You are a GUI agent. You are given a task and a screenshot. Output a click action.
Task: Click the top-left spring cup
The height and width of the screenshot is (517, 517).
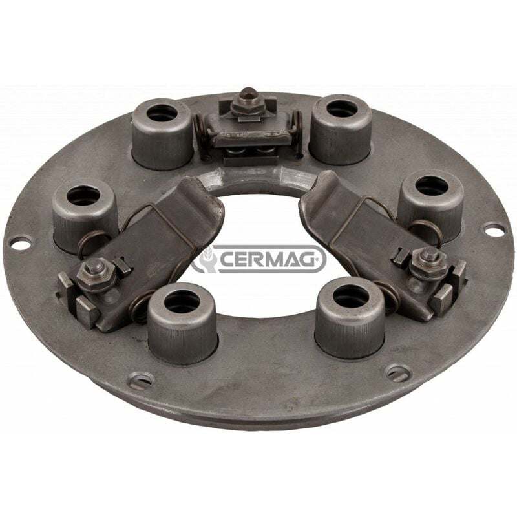(162, 134)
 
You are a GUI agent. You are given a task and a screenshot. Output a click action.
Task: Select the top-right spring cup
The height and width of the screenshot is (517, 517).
(341, 130)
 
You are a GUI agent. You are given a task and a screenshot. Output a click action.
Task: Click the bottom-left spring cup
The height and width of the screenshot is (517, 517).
(183, 324)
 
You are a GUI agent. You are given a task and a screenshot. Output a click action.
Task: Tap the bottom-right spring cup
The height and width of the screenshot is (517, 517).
(350, 317)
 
